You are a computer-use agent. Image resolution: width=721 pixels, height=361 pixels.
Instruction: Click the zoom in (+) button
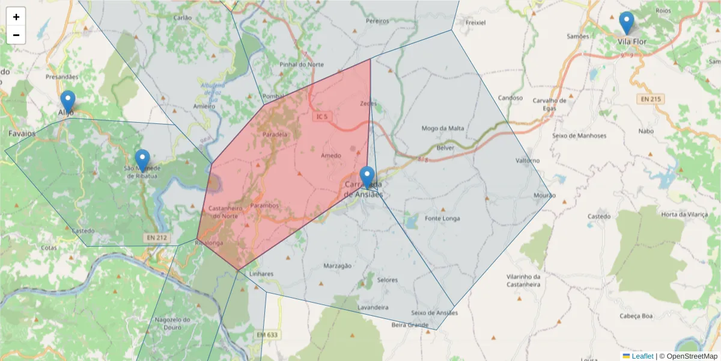(16, 17)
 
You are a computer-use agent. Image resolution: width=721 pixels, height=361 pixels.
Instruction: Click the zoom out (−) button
(16, 35)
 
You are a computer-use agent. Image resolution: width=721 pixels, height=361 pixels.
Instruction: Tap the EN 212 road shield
(156, 238)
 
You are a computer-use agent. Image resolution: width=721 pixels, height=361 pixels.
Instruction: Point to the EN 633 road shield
(267, 335)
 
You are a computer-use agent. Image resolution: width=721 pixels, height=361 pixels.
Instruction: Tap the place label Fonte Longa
(442, 218)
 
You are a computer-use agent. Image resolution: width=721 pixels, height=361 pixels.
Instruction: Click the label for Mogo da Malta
(443, 128)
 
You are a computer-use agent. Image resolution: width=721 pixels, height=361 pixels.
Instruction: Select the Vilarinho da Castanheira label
(523, 280)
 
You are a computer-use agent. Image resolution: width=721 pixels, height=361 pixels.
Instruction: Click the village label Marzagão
(336, 265)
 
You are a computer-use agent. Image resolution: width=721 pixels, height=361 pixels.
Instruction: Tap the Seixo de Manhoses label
(579, 135)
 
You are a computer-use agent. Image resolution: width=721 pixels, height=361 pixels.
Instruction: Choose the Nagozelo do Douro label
(172, 323)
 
